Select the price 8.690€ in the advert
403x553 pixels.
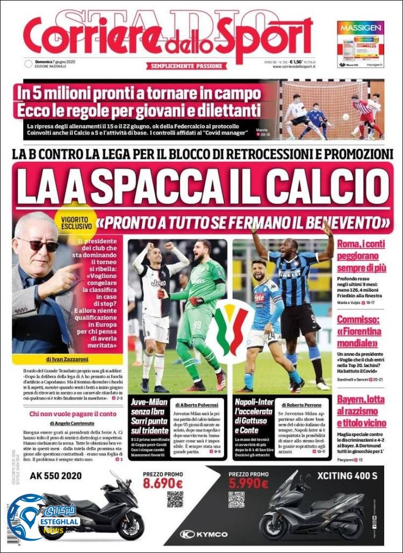(x=163, y=483)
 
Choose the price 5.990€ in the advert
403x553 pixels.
(x=248, y=483)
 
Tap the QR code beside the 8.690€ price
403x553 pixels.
(x=175, y=499)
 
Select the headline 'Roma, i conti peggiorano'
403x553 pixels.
(x=362, y=258)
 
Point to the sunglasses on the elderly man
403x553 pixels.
(x=38, y=245)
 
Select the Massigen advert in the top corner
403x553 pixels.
(x=361, y=44)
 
